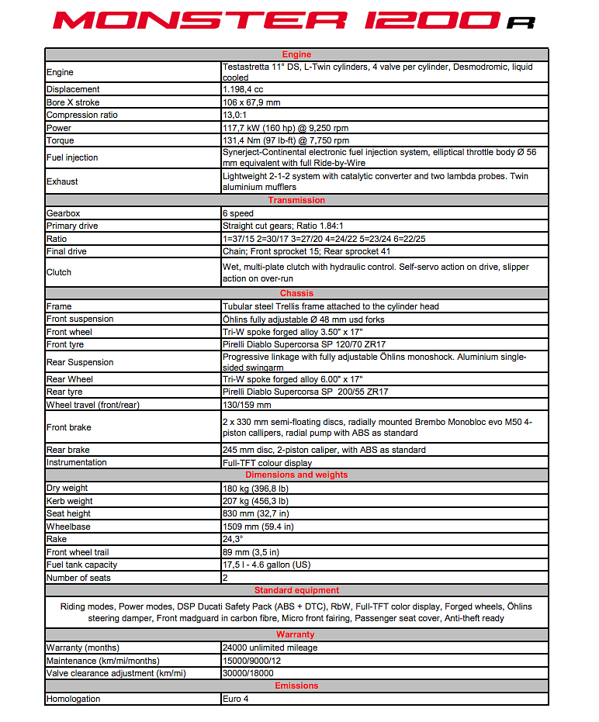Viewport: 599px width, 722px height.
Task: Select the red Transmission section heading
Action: click(x=296, y=200)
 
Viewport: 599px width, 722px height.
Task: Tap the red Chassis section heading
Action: click(x=296, y=293)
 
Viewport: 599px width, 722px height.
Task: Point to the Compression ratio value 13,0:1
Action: click(x=237, y=116)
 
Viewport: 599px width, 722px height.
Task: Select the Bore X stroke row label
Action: click(x=73, y=102)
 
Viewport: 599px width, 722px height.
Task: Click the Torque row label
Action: click(x=61, y=140)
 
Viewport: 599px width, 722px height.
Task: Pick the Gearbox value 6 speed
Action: click(x=238, y=213)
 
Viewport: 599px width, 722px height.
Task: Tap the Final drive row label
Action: click(x=67, y=251)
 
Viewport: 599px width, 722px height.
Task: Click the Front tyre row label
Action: click(x=67, y=344)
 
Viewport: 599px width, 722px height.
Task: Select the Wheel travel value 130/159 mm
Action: click(x=247, y=405)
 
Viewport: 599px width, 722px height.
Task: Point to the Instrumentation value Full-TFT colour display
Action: click(x=267, y=463)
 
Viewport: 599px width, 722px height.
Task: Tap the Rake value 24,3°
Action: click(x=233, y=539)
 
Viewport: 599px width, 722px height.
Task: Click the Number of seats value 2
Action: click(x=225, y=578)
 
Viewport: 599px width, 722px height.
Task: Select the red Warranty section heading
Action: click(x=296, y=634)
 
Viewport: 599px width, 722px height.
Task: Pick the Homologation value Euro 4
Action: click(x=235, y=699)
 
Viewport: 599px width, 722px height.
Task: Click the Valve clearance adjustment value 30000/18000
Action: click(x=248, y=673)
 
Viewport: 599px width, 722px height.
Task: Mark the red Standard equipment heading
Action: click(x=296, y=590)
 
